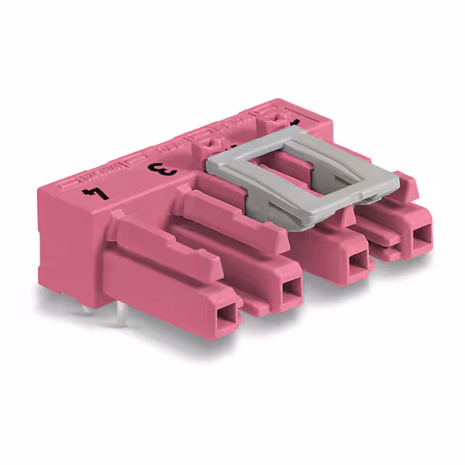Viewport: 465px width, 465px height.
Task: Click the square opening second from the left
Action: tap(291, 288)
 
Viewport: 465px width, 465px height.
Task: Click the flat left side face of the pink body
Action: tap(65, 232)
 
